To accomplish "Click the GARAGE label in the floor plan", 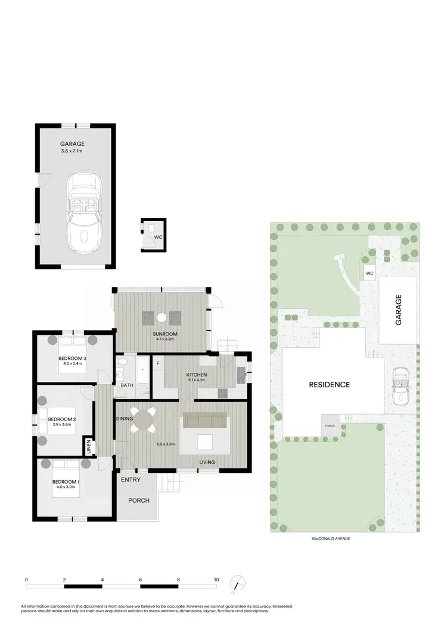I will click(72, 144).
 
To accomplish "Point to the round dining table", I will click(143, 419).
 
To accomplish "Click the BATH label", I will click(127, 385).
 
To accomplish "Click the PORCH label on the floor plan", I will click(139, 500).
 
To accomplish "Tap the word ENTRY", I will click(131, 480).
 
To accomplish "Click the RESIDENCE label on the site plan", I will click(329, 384).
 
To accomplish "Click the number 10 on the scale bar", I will click(216, 578).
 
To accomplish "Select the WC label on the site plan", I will click(369, 273).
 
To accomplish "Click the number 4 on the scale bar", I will click(103, 578).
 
